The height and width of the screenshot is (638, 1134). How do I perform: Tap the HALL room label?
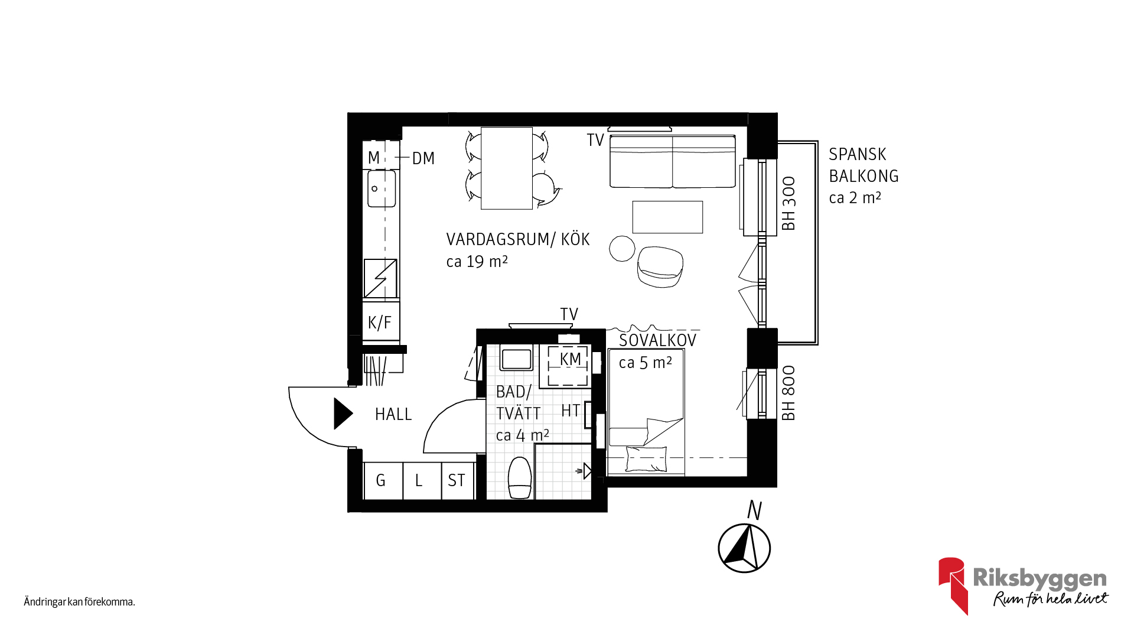click(x=393, y=415)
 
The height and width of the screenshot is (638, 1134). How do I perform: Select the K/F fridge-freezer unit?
click(x=380, y=322)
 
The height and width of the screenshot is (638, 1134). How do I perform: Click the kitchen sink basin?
click(x=382, y=188)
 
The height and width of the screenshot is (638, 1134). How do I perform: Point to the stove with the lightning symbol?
click(x=380, y=278)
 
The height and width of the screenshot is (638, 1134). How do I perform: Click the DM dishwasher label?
click(x=423, y=158)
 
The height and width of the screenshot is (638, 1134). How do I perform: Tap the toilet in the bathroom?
click(x=520, y=477)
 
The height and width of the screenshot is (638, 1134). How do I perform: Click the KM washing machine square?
click(x=568, y=365)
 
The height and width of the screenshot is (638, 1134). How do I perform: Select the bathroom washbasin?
click(x=517, y=359)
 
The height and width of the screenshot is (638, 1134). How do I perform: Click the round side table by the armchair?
click(x=622, y=248)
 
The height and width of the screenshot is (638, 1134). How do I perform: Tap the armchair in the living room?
click(x=660, y=266)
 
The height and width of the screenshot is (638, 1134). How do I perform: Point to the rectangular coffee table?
click(x=667, y=217)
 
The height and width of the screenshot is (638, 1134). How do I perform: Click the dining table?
click(x=507, y=168)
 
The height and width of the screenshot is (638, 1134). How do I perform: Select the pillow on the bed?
click(x=646, y=459)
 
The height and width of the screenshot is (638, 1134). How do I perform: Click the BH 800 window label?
click(x=788, y=393)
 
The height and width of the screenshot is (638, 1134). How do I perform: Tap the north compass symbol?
click(x=744, y=548)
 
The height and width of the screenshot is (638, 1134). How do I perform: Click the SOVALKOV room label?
click(x=657, y=340)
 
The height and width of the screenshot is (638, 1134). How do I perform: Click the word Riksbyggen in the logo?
click(x=1039, y=578)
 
